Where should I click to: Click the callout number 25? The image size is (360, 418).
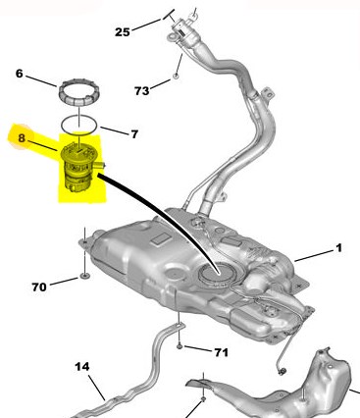tap(123, 32)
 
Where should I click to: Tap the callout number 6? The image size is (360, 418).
tap(20, 74)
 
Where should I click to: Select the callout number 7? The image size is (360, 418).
tap(134, 133)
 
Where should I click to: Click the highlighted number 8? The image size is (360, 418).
tap(22, 138)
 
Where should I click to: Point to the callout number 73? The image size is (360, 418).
tap(142, 90)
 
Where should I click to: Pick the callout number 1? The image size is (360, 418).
tap(338, 248)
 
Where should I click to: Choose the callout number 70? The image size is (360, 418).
tap(39, 287)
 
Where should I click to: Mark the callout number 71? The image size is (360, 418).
tap(221, 352)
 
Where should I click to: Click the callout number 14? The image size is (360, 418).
tap(81, 366)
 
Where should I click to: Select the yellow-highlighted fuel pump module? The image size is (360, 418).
tap(80, 167)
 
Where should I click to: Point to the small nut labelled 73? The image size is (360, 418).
tap(176, 77)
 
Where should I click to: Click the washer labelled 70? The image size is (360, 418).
tap(84, 277)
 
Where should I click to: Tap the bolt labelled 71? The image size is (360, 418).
tap(180, 345)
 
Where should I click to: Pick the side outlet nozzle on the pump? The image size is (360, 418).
tap(101, 165)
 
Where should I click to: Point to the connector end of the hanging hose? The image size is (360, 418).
tap(282, 372)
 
